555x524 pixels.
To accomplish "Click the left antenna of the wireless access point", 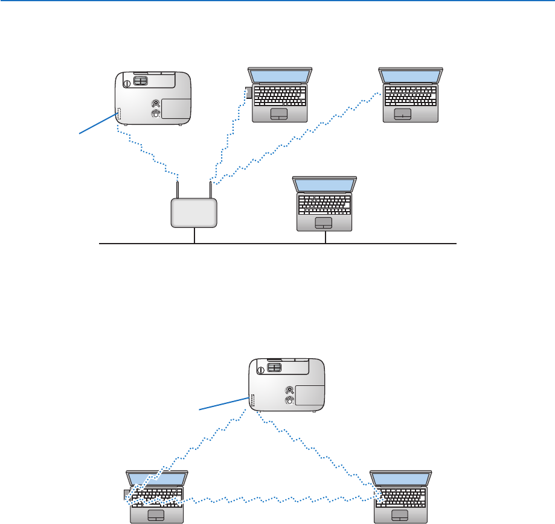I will (x=177, y=189).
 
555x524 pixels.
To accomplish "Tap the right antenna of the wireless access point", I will (x=210, y=189).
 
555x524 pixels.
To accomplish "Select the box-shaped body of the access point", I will (x=193, y=213).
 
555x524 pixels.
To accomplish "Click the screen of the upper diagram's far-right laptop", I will (x=411, y=76).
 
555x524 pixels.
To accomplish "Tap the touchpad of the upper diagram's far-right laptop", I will (x=403, y=115).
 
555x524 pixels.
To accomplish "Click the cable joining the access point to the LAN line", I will (x=194, y=236).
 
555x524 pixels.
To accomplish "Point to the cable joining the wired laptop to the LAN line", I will (x=325, y=237).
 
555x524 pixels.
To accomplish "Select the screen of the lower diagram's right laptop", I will (x=402, y=479).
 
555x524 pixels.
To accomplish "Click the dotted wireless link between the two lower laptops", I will (x=278, y=500).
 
